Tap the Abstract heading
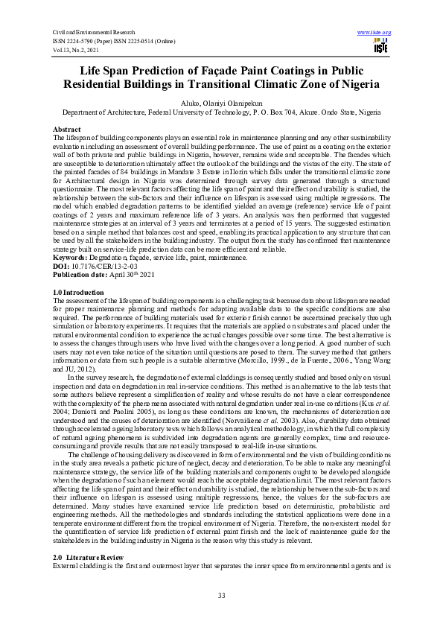click(x=68, y=130)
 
